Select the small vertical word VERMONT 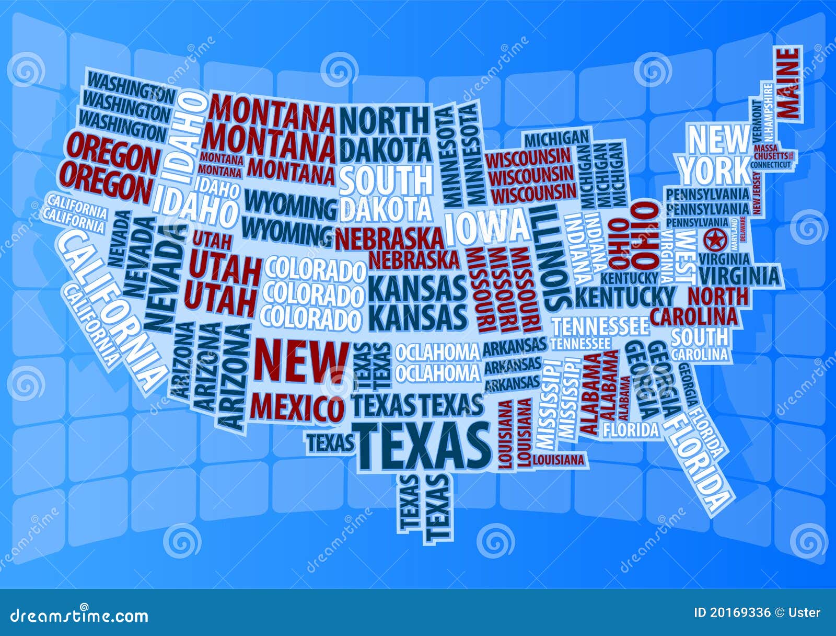point(758,120)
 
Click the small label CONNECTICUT point(771,164)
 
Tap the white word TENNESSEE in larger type point(601,326)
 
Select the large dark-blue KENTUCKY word point(624,297)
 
